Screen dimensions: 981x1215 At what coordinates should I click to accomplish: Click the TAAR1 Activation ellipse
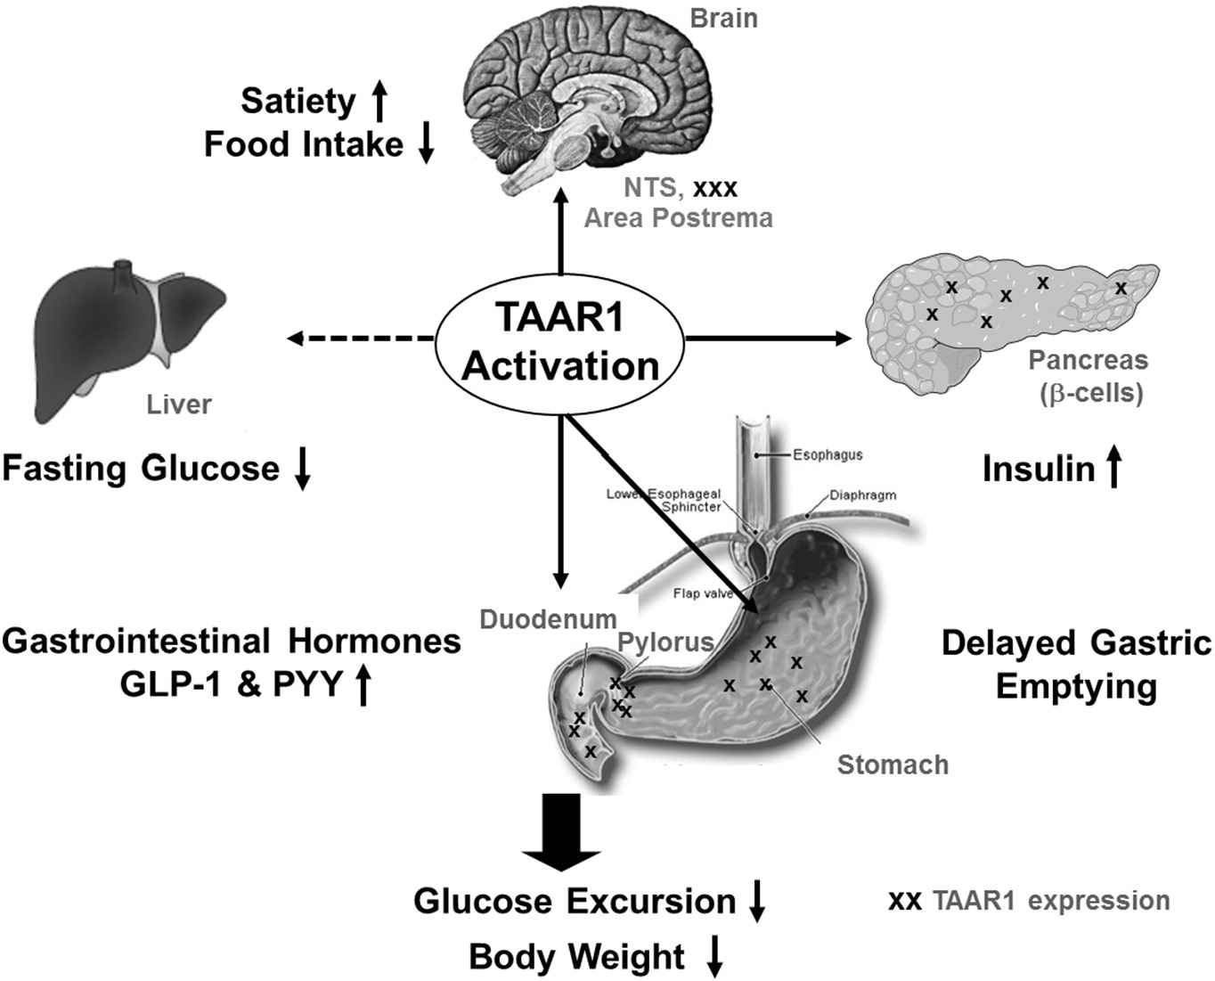pos(560,344)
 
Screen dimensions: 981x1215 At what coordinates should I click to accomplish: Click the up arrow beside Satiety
pos(379,100)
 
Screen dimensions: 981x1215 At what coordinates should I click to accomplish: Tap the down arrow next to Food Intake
pos(426,143)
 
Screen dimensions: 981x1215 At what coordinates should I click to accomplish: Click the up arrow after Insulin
pos(1113,468)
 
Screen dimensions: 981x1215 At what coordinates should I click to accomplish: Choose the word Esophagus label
pos(828,454)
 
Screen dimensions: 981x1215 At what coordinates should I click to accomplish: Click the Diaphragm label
pos(862,495)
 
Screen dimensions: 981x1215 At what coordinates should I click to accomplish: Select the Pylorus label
pos(666,642)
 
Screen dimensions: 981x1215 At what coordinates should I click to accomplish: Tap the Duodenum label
pos(548,618)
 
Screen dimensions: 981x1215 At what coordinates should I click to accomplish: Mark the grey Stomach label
pos(893,764)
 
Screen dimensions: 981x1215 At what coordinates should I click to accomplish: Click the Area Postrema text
pos(678,217)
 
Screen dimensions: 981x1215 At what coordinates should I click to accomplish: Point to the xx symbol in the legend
pos(905,901)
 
